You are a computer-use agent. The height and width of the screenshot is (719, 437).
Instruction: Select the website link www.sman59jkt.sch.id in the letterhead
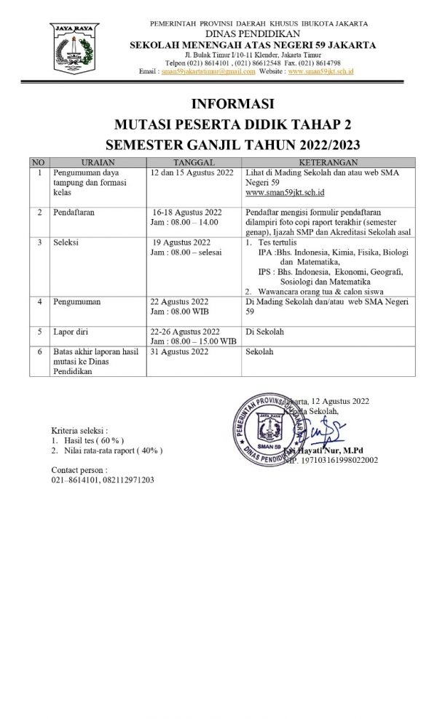pos(321,72)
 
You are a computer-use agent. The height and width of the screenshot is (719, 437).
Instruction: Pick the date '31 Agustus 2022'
pos(180,351)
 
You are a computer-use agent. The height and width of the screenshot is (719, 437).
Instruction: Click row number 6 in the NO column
pos(39,351)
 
